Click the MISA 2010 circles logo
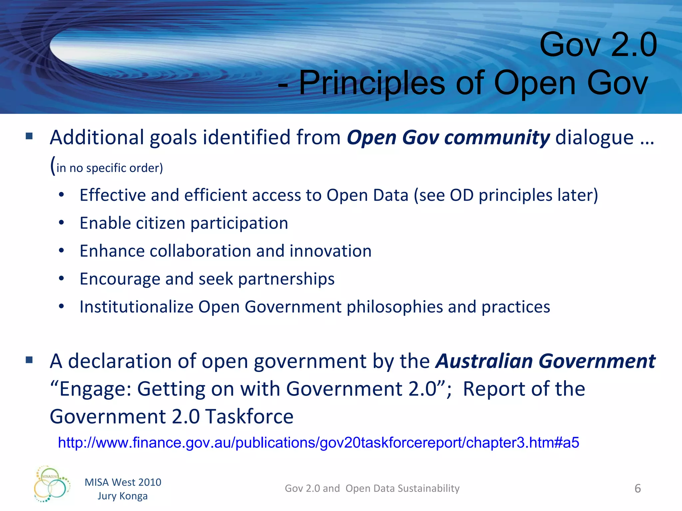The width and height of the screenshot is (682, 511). [52, 484]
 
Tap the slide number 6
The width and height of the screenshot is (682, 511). [637, 488]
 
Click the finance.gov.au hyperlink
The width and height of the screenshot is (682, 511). [318, 443]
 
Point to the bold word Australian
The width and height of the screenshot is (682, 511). [485, 361]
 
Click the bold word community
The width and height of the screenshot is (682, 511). [497, 138]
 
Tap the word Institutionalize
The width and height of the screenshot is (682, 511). [136, 307]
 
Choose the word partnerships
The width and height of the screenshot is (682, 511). [286, 279]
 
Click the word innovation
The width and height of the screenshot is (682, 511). [330, 251]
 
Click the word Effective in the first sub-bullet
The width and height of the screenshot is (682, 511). [113, 195]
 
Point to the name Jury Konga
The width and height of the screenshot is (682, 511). [123, 496]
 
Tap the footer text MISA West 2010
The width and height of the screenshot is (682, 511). [123, 482]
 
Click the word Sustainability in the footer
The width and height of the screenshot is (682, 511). [429, 488]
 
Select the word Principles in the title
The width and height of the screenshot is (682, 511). [372, 83]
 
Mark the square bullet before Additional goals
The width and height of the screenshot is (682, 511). [29, 136]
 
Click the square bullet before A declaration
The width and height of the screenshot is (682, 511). [29, 360]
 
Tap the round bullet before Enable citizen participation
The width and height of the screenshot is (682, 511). [61, 223]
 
